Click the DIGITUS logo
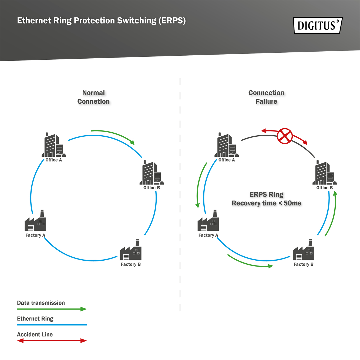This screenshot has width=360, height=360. point(318,25)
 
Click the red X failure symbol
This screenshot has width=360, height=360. point(285,136)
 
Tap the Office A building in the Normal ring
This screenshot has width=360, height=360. point(53,145)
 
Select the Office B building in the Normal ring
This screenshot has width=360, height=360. point(152,173)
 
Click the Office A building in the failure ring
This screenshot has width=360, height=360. point(226,145)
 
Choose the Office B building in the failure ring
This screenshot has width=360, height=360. point(324,173)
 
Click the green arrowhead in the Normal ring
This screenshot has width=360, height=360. point(132,142)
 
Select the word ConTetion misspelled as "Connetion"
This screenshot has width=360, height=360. point(93,102)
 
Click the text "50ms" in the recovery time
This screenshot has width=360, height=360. point(292,203)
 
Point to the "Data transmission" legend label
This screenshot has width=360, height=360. point(41,303)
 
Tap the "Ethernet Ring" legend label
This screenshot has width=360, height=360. point(35,319)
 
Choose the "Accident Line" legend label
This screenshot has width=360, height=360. point(35,334)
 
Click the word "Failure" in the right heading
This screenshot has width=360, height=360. point(266,102)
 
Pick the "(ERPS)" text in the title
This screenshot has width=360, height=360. point(172,21)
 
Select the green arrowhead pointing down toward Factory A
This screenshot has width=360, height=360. point(197,206)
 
